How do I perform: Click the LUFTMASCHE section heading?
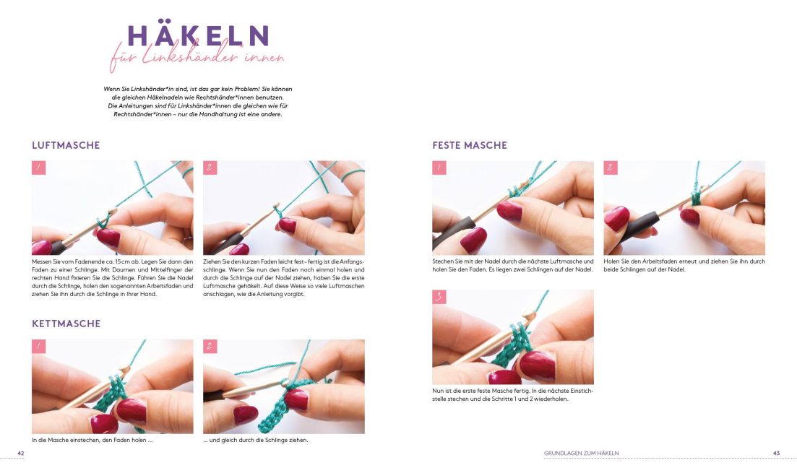pos(66,145)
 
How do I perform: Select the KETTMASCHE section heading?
pos(66,324)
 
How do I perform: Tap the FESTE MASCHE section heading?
pos(470,145)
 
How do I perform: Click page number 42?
pos(21,454)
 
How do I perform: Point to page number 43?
pos(776,454)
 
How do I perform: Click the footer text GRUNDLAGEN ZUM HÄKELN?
pos(582,454)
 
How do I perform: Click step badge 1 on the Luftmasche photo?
pos(38,168)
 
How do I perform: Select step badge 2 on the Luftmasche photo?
pos(210,168)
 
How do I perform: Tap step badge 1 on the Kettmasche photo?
pos(38,347)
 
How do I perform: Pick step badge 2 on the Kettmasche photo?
pos(210,347)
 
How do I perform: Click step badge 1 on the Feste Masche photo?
pos(439,168)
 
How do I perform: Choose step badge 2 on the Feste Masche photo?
pos(611,168)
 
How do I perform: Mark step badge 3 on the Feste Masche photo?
pos(439,297)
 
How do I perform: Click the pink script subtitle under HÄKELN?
pos(197,57)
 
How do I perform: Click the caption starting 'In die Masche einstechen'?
pos(92,440)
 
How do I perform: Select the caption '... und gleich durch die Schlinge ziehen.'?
pos(256,440)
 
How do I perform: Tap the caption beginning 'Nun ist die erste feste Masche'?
pos(513,395)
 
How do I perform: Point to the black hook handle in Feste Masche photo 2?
pos(639,225)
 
